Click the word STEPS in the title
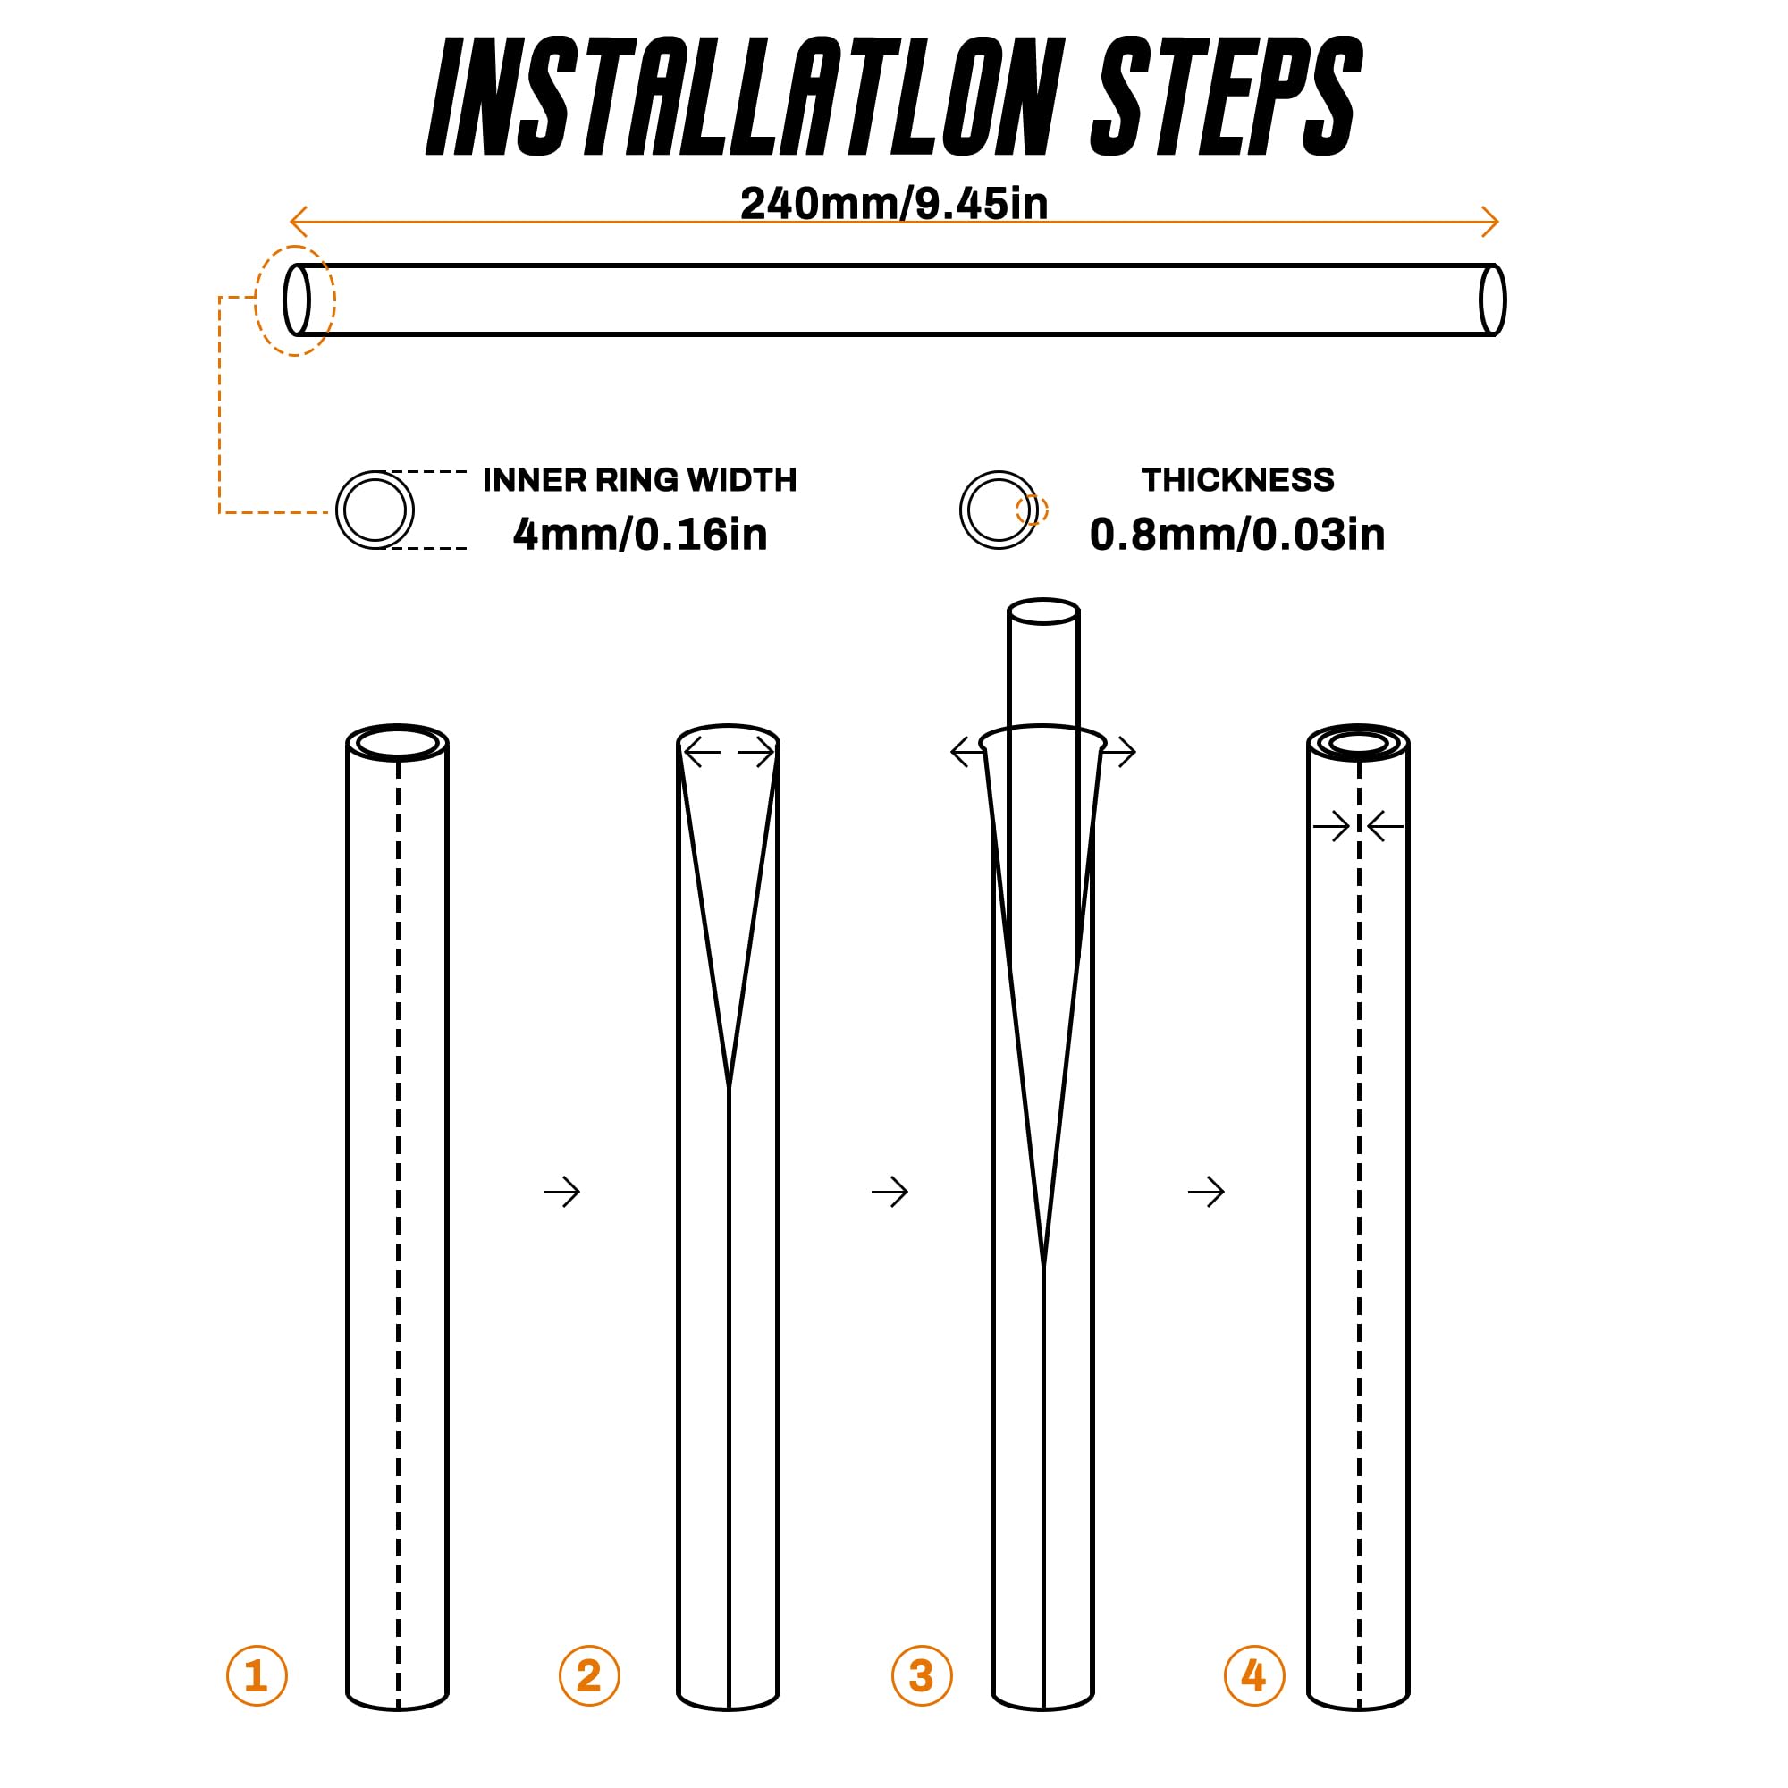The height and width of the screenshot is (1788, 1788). point(1227,97)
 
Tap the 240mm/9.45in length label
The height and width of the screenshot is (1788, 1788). point(894,204)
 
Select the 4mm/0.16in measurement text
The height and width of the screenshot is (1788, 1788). point(640,534)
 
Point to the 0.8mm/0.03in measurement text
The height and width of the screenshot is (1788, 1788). point(1237,534)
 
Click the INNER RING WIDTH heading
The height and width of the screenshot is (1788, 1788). point(639,479)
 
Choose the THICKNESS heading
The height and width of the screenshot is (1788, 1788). point(1237,479)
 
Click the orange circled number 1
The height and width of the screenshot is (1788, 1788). point(257,1675)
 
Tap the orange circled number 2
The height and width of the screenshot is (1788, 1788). point(588,1675)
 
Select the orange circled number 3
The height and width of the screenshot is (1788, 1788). point(922,1675)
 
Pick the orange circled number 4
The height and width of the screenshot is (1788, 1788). point(1254,1675)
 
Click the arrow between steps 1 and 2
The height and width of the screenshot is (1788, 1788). point(561,1192)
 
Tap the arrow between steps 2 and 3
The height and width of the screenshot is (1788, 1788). point(890,1192)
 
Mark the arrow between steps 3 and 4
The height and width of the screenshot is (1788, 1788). point(1206,1192)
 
